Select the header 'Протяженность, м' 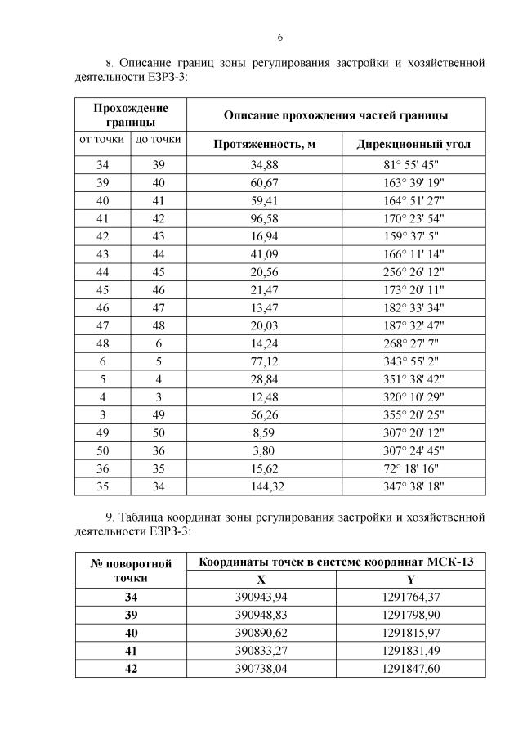point(264,144)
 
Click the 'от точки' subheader point(101,140)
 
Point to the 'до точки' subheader point(158,140)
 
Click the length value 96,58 point(265,218)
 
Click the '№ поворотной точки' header point(131,571)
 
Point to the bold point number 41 point(131,651)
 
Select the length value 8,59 point(265,432)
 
